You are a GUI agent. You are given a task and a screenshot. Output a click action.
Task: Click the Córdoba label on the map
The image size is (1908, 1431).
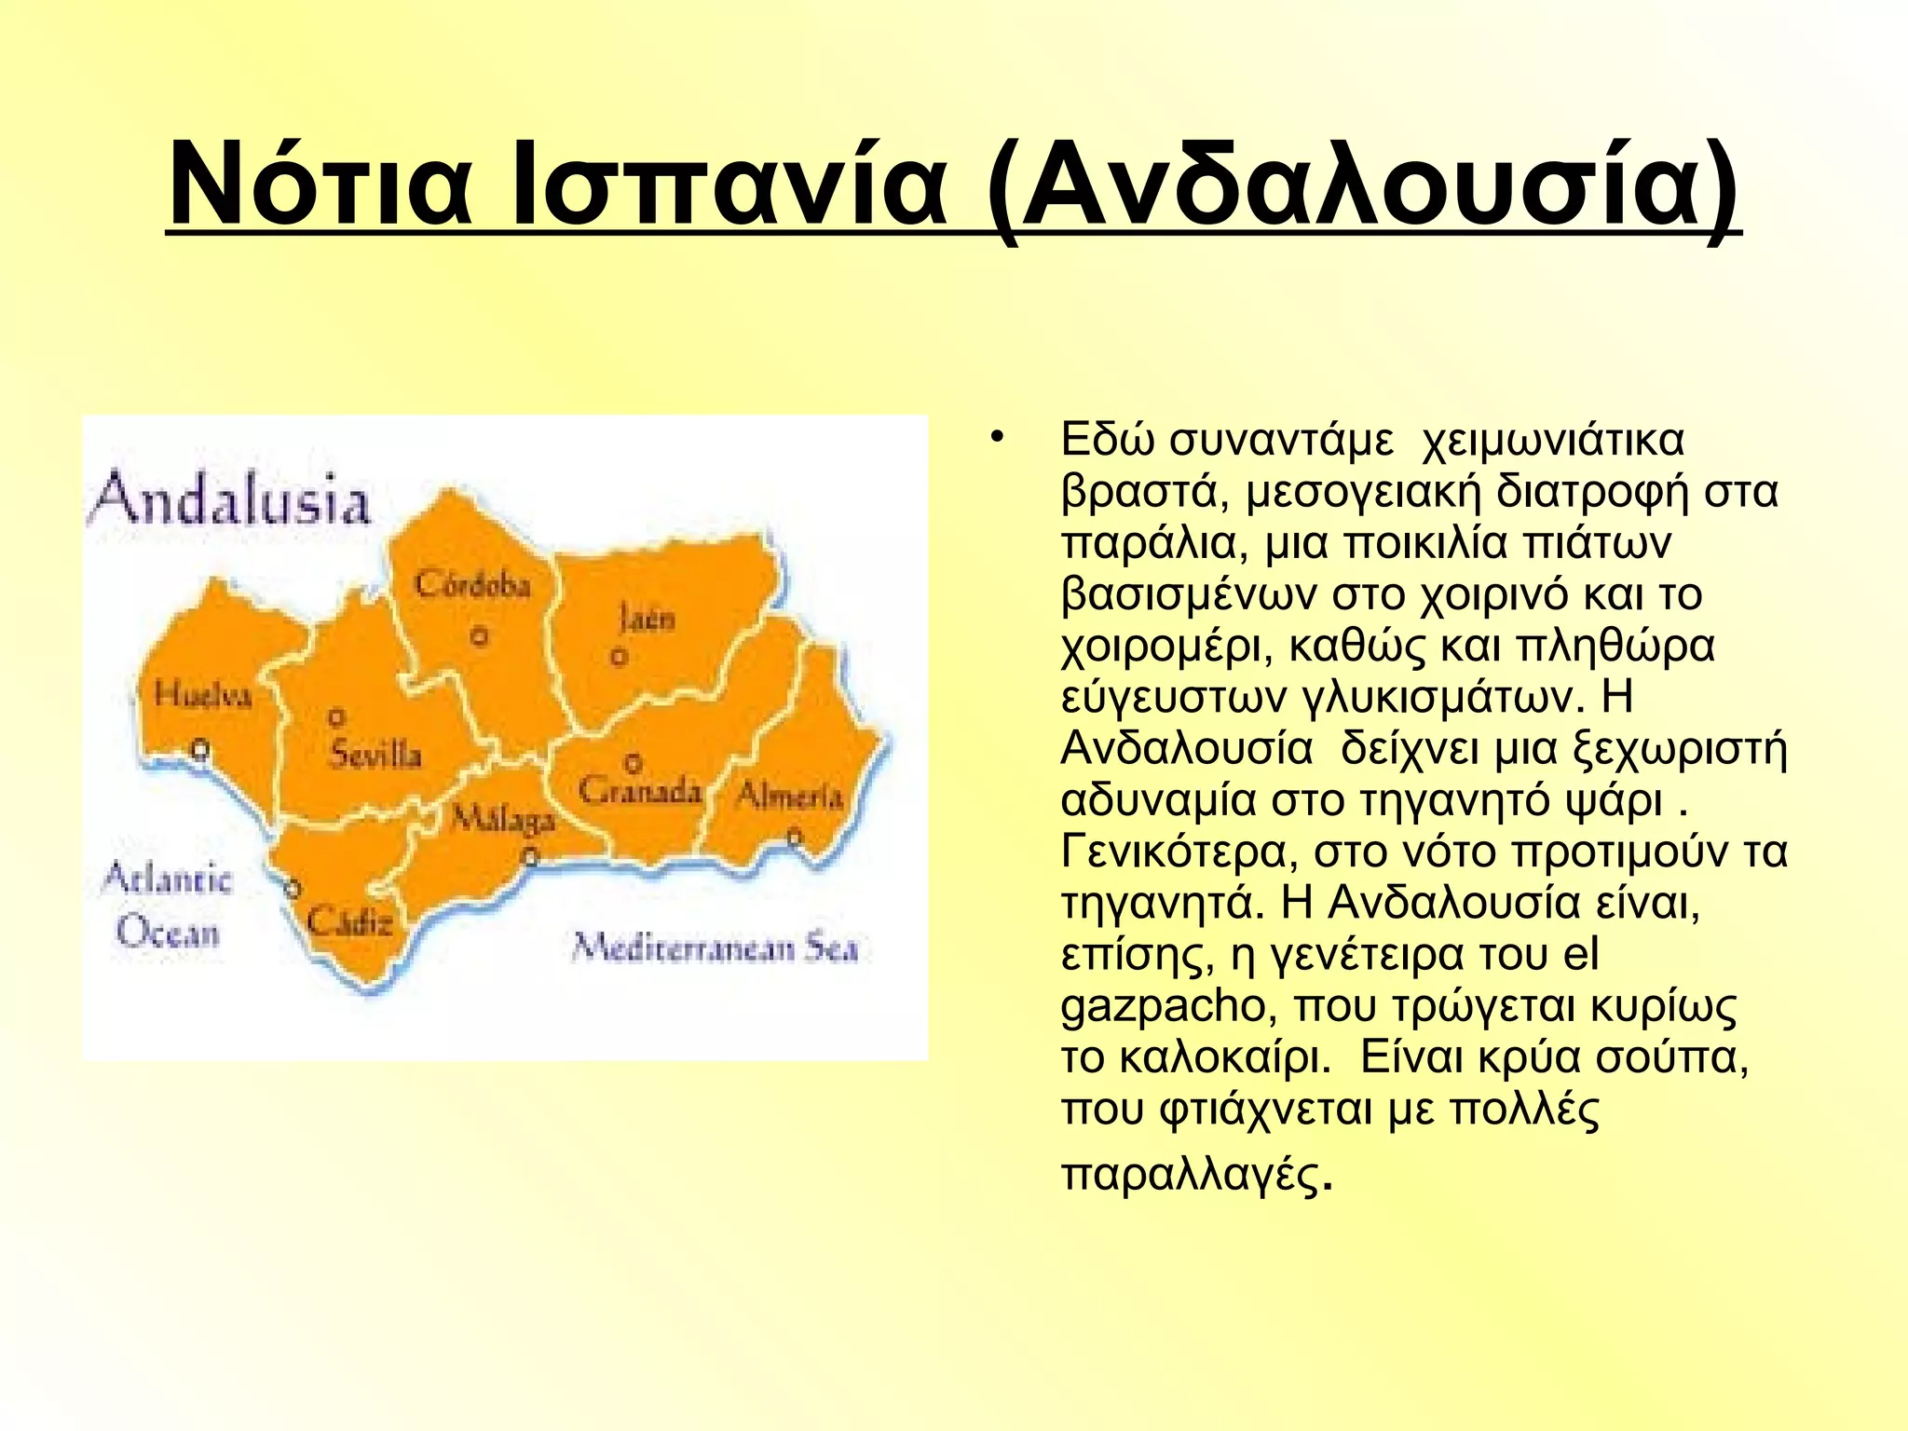click(x=472, y=585)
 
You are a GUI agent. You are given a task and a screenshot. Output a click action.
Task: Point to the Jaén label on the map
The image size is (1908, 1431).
click(x=646, y=618)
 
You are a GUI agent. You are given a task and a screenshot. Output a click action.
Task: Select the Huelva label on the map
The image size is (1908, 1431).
click(x=202, y=694)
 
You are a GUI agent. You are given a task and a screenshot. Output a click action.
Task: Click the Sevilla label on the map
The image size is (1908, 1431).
click(x=375, y=754)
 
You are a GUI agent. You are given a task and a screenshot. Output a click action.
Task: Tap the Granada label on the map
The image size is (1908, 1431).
click(x=639, y=791)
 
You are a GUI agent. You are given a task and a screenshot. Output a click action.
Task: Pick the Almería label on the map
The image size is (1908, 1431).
click(x=789, y=796)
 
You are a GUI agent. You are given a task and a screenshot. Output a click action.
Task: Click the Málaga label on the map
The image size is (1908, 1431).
click(x=503, y=819)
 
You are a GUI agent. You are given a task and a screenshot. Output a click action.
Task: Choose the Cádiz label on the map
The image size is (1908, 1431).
click(x=349, y=922)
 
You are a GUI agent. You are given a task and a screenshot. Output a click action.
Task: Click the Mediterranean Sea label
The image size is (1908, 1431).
click(x=714, y=947)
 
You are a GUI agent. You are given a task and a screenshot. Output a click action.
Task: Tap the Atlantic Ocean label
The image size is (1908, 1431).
click(x=168, y=905)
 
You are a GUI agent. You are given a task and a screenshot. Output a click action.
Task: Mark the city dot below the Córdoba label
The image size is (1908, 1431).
click(x=479, y=637)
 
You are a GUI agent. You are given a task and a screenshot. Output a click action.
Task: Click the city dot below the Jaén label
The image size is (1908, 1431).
click(x=619, y=658)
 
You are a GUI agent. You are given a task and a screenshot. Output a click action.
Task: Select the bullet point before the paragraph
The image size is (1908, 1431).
click(x=997, y=436)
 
